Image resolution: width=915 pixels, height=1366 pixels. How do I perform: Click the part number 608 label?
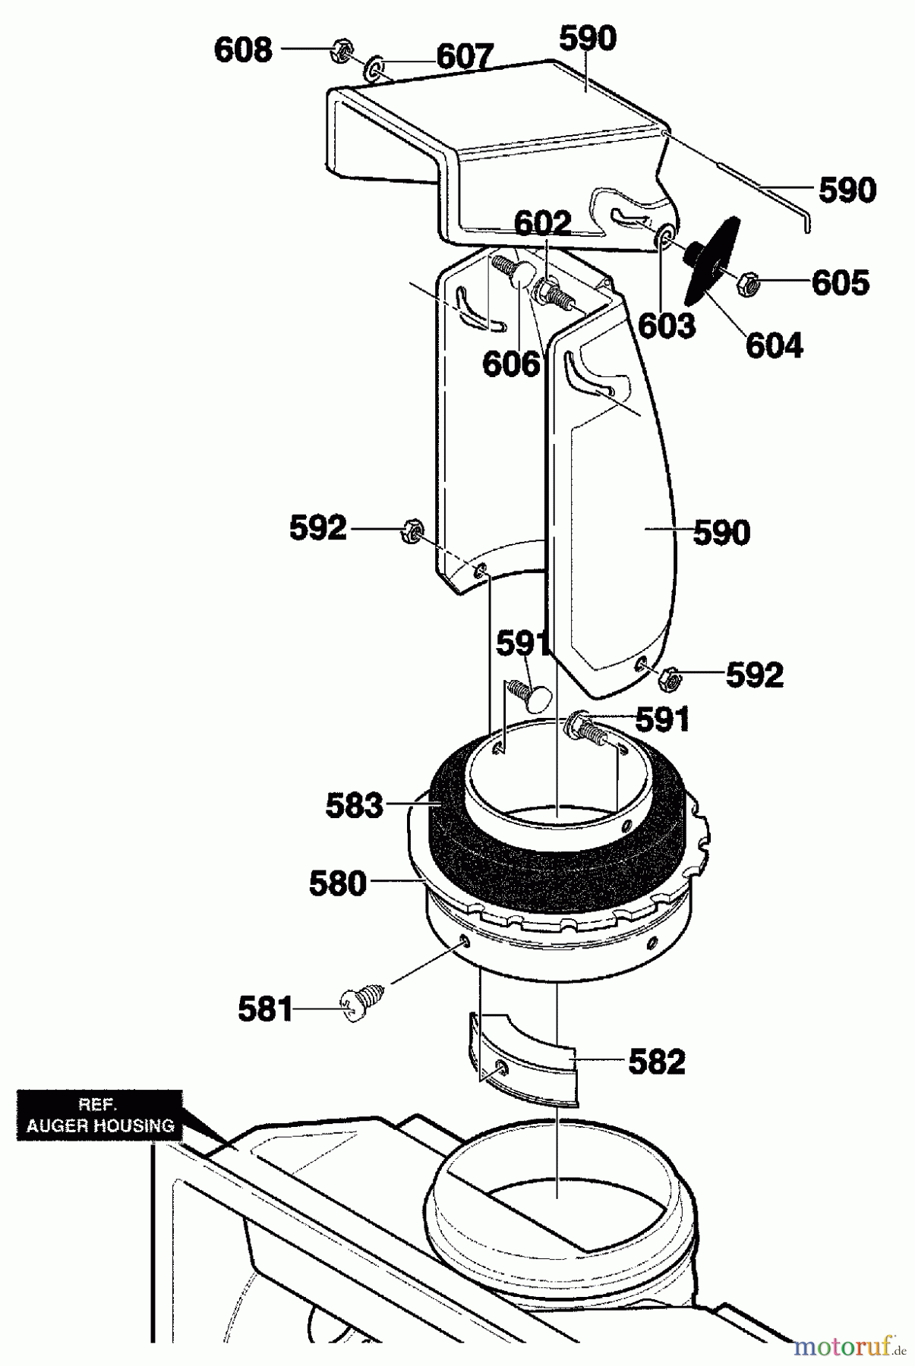point(243,51)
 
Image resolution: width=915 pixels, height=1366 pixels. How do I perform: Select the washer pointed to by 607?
point(375,68)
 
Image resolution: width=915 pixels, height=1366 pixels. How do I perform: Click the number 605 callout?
point(841,283)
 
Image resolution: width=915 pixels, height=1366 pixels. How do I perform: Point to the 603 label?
point(667,326)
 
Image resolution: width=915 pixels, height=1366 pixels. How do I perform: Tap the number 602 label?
point(542,223)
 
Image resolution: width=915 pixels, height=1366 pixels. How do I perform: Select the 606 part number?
point(511,364)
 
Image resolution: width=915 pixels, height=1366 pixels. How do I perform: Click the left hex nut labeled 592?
point(412,530)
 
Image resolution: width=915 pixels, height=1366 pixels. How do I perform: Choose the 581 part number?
point(266,1009)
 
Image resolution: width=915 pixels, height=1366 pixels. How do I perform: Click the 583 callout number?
point(355,806)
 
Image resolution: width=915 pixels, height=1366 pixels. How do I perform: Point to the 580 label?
point(338,884)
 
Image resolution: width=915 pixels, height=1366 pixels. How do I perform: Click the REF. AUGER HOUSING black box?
point(99,1115)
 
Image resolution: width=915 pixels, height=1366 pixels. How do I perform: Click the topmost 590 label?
point(588,38)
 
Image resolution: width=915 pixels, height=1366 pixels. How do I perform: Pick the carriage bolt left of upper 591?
point(526,694)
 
